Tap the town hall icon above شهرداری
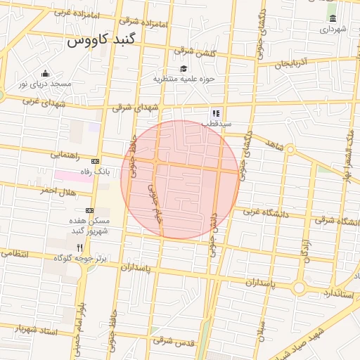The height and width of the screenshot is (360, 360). pos(333,18)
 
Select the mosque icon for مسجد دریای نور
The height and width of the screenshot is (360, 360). pos(46,74)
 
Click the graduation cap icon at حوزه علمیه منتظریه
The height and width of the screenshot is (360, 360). pos(184,69)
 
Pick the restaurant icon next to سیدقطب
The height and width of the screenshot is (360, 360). pos(216,112)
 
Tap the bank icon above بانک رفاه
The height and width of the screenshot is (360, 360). pos(96,160)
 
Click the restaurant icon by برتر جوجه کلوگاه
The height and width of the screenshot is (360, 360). pos(80,247)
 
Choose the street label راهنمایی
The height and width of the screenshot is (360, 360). pos(65,153)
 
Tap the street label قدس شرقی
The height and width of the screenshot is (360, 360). pos(172,341)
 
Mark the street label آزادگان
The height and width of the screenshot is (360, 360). pos(307,250)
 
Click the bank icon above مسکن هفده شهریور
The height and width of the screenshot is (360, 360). pos(90,210)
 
